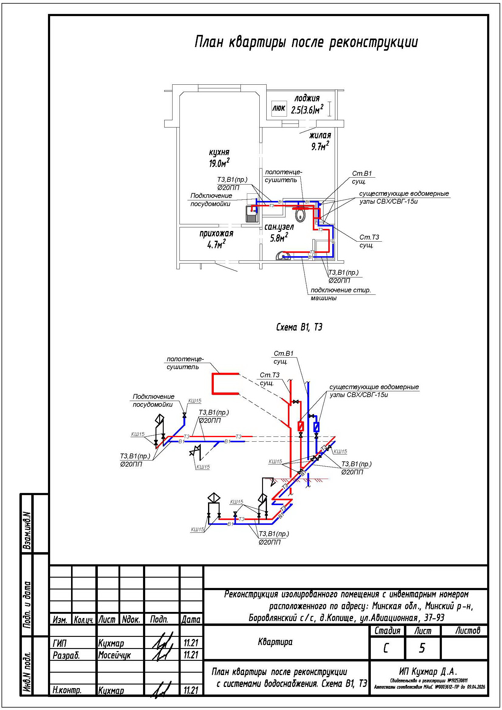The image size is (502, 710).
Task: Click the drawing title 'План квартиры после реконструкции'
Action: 306,42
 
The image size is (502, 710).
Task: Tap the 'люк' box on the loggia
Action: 278,109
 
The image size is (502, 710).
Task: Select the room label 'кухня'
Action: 219,152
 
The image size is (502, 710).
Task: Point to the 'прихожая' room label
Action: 216,234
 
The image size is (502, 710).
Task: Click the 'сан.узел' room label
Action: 279,227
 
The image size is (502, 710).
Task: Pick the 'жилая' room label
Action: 320,135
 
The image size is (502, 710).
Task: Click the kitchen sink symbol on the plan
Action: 252,214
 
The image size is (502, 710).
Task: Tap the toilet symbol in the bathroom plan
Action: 300,215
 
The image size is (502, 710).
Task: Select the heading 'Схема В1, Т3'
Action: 299,327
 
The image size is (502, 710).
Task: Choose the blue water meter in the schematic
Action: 316,427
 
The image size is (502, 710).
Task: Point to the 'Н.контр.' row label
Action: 67,690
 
